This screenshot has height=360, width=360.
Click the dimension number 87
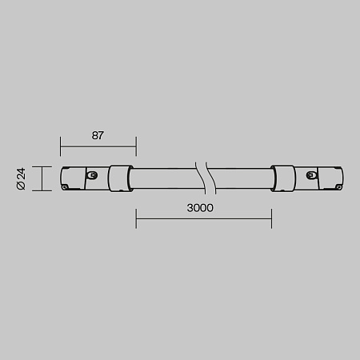(x=98, y=135)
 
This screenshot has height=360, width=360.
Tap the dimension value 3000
(x=200, y=207)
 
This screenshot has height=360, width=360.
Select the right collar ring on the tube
(x=284, y=178)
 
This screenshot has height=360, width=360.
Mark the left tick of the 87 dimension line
(x=61, y=146)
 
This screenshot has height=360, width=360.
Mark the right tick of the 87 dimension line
(x=136, y=146)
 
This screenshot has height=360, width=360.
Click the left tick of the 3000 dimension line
(x=136, y=218)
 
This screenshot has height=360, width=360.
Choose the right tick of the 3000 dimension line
(x=271, y=218)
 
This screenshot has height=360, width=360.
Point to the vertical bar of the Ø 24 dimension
(x=42, y=178)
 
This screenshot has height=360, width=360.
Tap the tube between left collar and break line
(x=164, y=178)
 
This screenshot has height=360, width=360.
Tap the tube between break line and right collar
(x=240, y=178)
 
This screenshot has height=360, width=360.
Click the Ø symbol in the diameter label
(x=22, y=186)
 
